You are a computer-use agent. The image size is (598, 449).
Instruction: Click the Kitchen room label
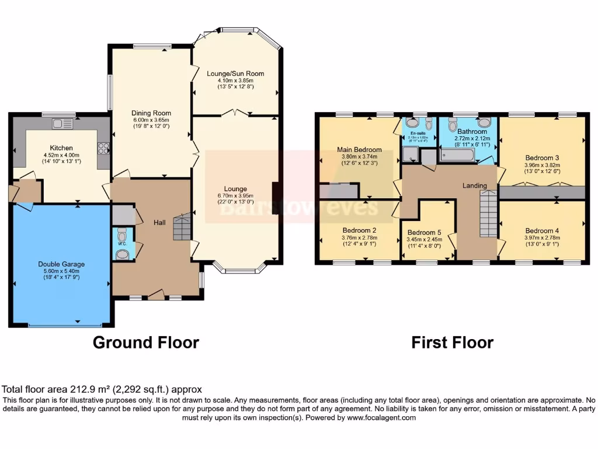click(x=61, y=148)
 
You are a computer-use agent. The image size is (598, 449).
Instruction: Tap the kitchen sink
click(x=61, y=123)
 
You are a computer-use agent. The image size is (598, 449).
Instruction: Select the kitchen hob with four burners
click(x=103, y=148)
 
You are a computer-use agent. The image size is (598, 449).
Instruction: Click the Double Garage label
click(x=61, y=264)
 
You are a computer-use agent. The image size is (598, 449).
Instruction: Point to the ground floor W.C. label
click(x=122, y=243)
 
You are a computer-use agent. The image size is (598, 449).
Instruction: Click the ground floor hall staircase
click(x=182, y=227)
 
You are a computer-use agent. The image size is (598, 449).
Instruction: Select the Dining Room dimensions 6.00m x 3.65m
click(x=151, y=120)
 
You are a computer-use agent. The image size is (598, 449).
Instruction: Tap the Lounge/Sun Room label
click(x=235, y=74)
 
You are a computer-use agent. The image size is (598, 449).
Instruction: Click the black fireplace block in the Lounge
click(x=274, y=198)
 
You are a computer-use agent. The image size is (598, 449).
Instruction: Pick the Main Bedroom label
click(x=359, y=150)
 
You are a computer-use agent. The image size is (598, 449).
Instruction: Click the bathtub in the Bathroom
click(x=457, y=156)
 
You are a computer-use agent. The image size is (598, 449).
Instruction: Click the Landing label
click(x=474, y=185)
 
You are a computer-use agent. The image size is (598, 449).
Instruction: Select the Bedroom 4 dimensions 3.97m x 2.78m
click(x=542, y=238)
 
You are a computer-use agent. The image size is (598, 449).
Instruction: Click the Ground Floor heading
click(x=146, y=342)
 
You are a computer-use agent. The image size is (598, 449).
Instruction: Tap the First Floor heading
click(x=452, y=342)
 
